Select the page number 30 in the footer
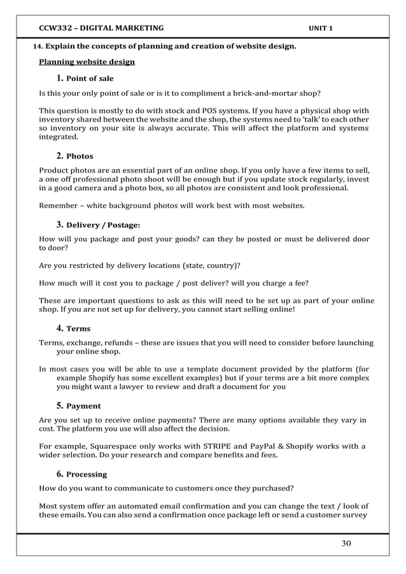click(346, 543)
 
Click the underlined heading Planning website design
click(87, 62)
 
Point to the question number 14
click(37, 47)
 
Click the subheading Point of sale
click(90, 79)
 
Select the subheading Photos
click(80, 156)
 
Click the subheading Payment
click(83, 406)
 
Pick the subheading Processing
click(87, 475)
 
